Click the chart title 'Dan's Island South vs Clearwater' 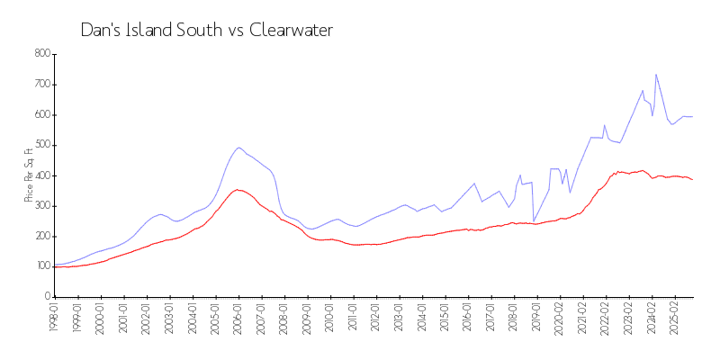click(x=206, y=31)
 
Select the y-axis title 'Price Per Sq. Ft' click(x=29, y=175)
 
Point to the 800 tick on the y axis click(x=40, y=54)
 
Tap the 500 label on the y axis click(x=40, y=145)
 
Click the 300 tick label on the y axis click(x=40, y=206)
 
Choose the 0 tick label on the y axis click(x=45, y=297)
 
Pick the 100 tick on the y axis click(x=40, y=266)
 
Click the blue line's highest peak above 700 click(x=656, y=75)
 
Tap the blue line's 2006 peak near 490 click(x=238, y=148)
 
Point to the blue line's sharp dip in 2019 click(x=534, y=221)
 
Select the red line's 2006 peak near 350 click(x=238, y=190)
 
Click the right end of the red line click(x=692, y=180)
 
